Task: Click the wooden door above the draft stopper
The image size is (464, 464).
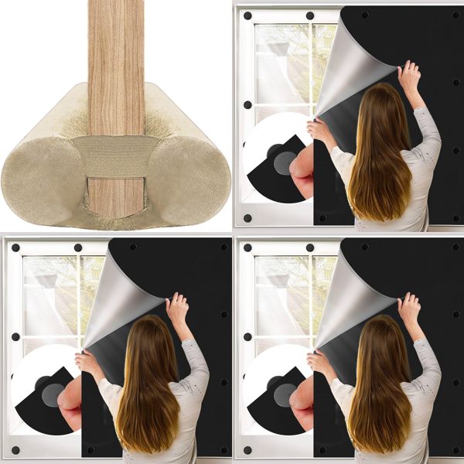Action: (x=116, y=54)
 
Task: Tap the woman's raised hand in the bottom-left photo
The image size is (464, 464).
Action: (x=177, y=307)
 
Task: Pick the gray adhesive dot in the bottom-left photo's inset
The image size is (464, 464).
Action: (x=53, y=394)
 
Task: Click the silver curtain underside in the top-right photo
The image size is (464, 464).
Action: (x=352, y=70)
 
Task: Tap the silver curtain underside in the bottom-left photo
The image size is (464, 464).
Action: (x=120, y=302)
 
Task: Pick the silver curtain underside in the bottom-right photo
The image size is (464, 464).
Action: (x=352, y=302)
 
